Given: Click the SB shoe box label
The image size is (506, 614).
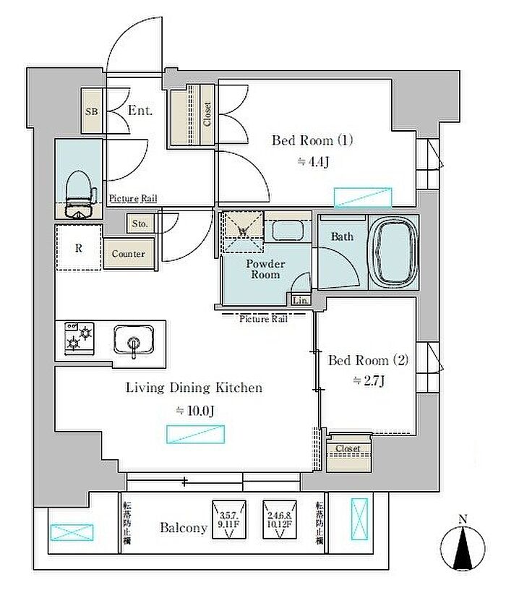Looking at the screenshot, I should pos(92,112).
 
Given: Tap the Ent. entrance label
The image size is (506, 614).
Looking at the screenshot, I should pos(140,111).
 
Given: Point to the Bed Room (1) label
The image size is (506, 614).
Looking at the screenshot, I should pos(312,140).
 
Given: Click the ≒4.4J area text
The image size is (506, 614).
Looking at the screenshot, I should pos(314,162).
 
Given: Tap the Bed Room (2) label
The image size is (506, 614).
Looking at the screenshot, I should pos(369,359).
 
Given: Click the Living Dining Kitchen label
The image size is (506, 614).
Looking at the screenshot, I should pos(194,388).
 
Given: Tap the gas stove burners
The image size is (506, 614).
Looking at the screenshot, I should pos(80,338).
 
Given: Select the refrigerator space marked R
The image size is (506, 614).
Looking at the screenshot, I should pos(78,247).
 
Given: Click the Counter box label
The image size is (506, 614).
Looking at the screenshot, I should pos(128,254).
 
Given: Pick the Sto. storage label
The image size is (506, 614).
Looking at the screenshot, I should pos(140,224).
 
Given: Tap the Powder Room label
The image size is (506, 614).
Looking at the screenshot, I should pos(265,269).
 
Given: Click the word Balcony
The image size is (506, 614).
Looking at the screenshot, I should pos(184,528).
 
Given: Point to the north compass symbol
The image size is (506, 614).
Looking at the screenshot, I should pos(463,547).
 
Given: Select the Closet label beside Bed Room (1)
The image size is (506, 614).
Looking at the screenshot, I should pos(207,114).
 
